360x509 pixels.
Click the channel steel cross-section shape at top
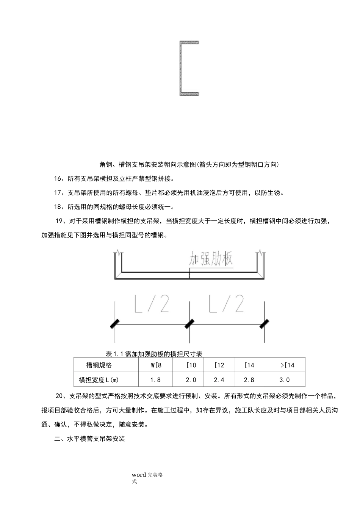pos(188,68)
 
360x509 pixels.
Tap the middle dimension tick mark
pos(189,324)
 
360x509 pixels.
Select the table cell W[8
pos(156,365)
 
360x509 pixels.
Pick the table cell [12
pos(219,365)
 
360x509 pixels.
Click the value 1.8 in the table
pos(155,379)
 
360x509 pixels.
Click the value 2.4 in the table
pos(219,379)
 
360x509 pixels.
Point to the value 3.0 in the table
pos(284,379)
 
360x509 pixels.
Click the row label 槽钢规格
pos(99,365)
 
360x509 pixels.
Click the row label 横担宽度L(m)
pos(101,379)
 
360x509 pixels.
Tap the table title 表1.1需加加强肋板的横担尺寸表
pos(154,354)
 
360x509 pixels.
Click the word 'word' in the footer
pos(139,475)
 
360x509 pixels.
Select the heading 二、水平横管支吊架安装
pos(90,439)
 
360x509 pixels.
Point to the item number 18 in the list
pos(58,207)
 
